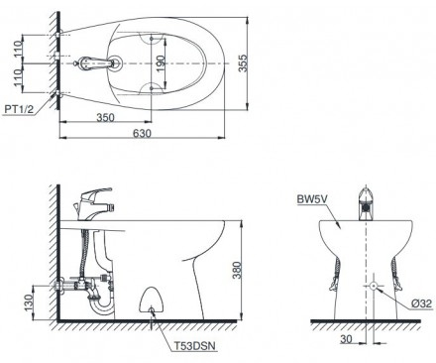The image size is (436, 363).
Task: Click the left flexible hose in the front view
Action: pyautogui.click(x=333, y=270)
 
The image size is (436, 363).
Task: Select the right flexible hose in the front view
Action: pyautogui.click(x=396, y=270)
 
